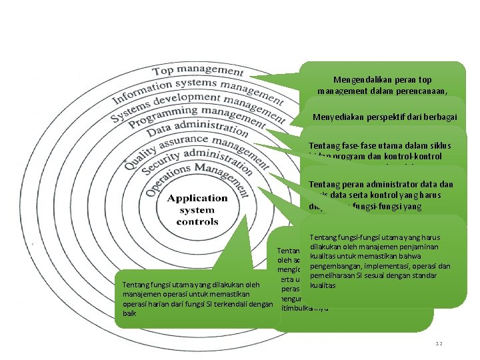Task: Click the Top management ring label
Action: pos(198,69)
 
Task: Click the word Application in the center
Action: pos(197,199)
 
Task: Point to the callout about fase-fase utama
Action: pos(383,151)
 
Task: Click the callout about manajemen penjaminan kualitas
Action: pos(383,260)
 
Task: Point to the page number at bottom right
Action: pos(438,344)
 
